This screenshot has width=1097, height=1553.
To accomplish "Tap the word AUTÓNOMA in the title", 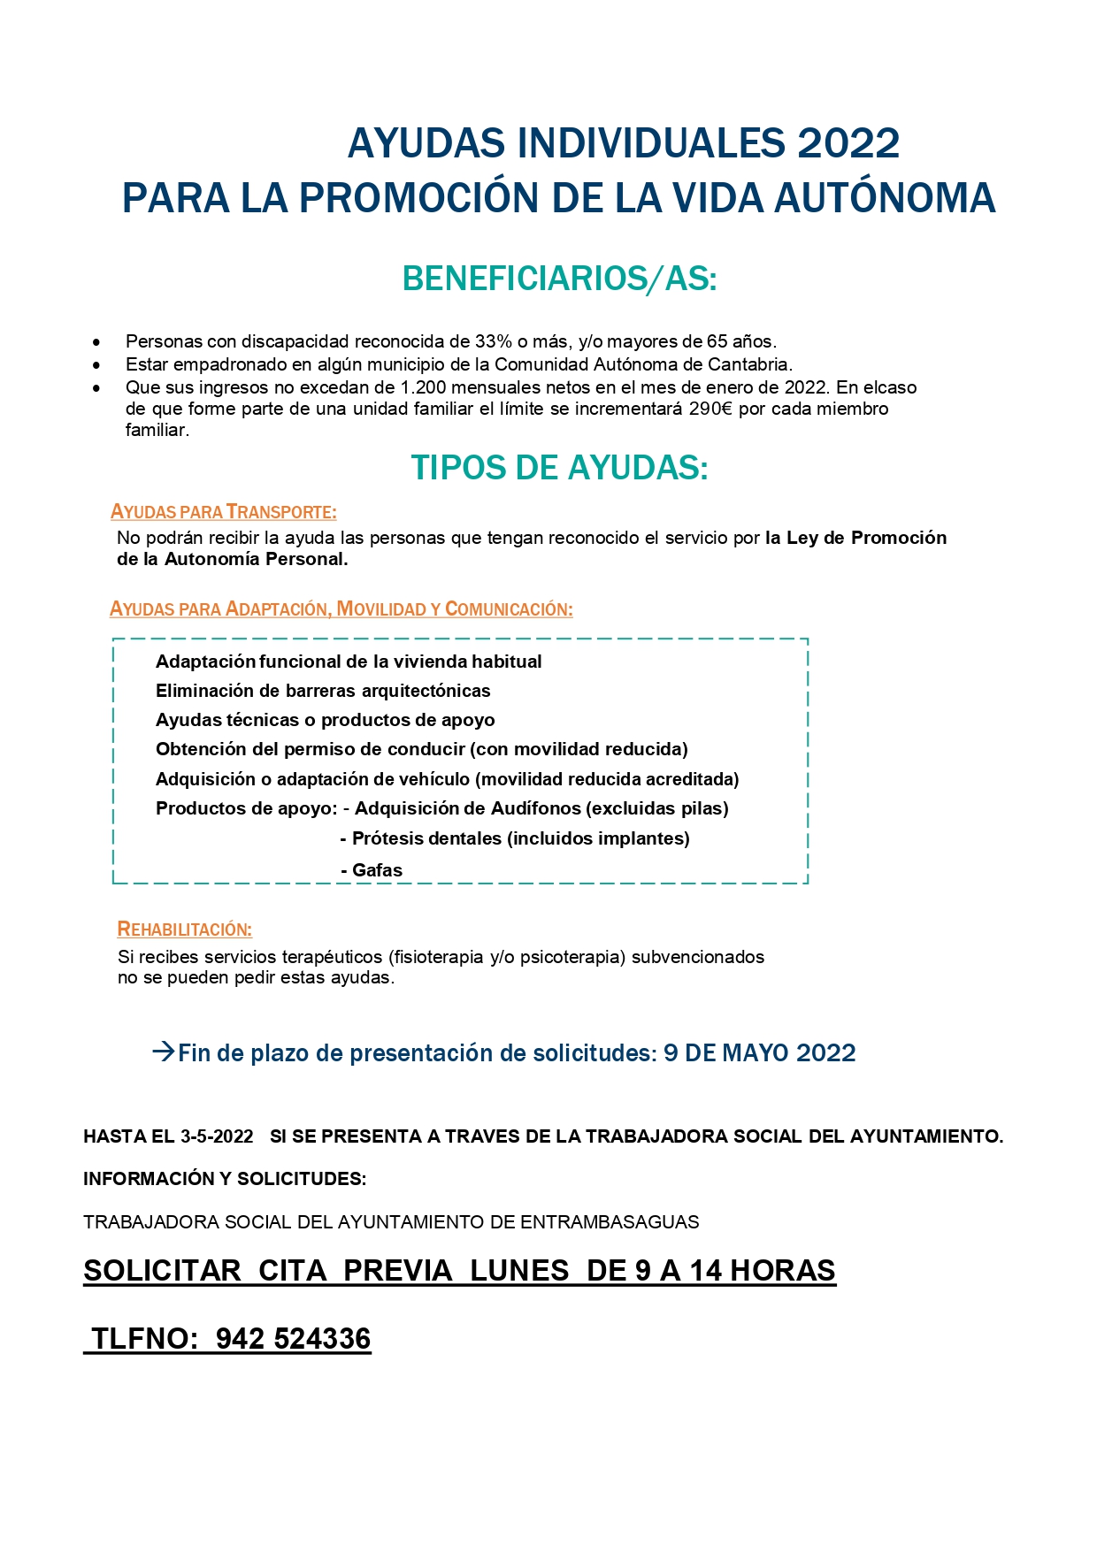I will point(885,198).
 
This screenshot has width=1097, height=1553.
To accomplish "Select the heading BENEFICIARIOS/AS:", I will point(559,279).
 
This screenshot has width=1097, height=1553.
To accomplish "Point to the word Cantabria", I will point(748,364).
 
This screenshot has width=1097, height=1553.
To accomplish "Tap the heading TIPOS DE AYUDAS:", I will point(559,468).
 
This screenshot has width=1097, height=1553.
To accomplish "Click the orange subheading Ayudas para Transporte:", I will point(224,512).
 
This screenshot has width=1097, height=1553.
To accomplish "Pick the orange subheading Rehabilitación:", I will point(185,930).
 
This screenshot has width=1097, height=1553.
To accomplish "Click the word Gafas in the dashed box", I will point(377,870).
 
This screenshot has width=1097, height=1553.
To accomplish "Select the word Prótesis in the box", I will point(384,838).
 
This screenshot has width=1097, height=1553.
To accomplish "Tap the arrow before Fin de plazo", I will point(163,1052).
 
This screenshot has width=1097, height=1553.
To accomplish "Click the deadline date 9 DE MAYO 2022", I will point(759,1052).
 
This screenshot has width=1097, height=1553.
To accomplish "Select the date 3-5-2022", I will point(217,1136).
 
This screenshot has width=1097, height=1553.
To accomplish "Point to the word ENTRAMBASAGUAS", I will point(610,1222).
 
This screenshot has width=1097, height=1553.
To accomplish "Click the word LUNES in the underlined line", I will point(519,1271).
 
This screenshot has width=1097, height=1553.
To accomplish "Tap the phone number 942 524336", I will point(293,1339).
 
